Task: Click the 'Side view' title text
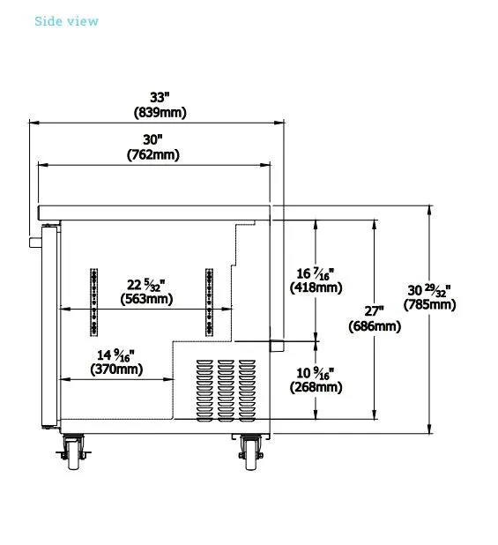(66, 21)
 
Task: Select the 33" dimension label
(160, 97)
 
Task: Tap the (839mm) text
(160, 112)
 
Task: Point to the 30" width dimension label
(152, 139)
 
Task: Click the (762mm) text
(153, 154)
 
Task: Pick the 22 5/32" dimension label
(145, 285)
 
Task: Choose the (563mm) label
(146, 299)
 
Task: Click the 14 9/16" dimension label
(115, 355)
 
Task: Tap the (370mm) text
(116, 370)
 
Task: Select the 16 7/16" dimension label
(316, 273)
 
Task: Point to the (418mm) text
(316, 287)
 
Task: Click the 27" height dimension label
(375, 310)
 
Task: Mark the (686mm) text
(375, 326)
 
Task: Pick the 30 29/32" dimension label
(429, 290)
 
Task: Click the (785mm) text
(429, 305)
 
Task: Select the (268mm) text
(316, 387)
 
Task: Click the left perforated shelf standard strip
(93, 302)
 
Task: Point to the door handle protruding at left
(35, 242)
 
